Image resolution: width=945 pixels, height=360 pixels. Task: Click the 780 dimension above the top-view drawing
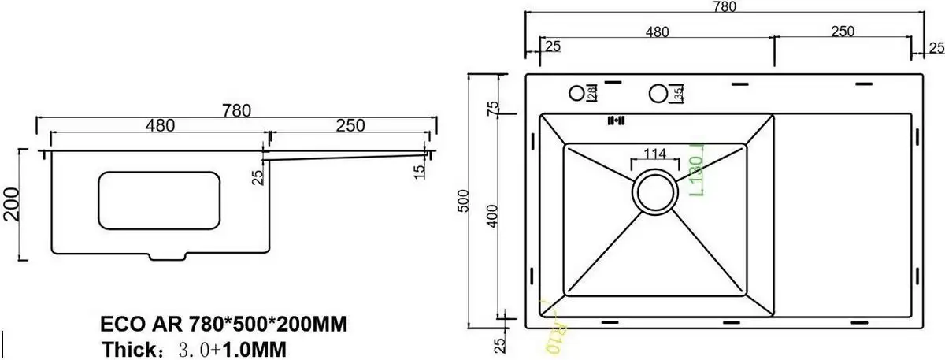(724, 7)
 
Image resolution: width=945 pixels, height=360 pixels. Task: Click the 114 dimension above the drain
(654, 154)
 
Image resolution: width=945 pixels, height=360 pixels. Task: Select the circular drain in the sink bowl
(654, 191)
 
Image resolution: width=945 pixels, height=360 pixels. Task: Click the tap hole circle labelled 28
(576, 94)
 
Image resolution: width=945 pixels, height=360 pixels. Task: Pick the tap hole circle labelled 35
(658, 94)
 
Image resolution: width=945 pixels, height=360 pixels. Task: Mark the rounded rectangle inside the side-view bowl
(158, 201)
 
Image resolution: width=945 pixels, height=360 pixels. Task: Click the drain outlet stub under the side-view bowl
(168, 257)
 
